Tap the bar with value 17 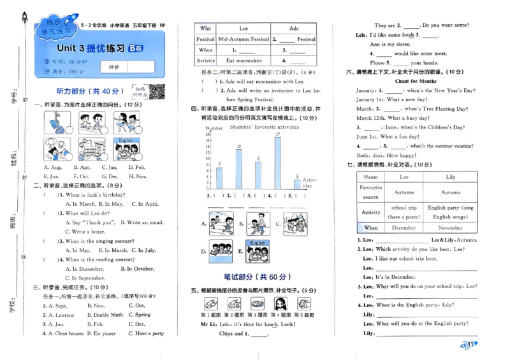click(x=278, y=162)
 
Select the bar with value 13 click(x=238, y=169)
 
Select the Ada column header click(x=293, y=28)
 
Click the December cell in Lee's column click(x=404, y=227)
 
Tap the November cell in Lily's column click(x=450, y=227)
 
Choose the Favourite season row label click(x=370, y=192)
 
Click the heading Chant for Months click(x=415, y=82)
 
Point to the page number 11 click(x=469, y=345)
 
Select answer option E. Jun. click(x=51, y=176)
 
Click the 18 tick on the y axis click(x=208, y=134)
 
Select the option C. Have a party click(x=146, y=333)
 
